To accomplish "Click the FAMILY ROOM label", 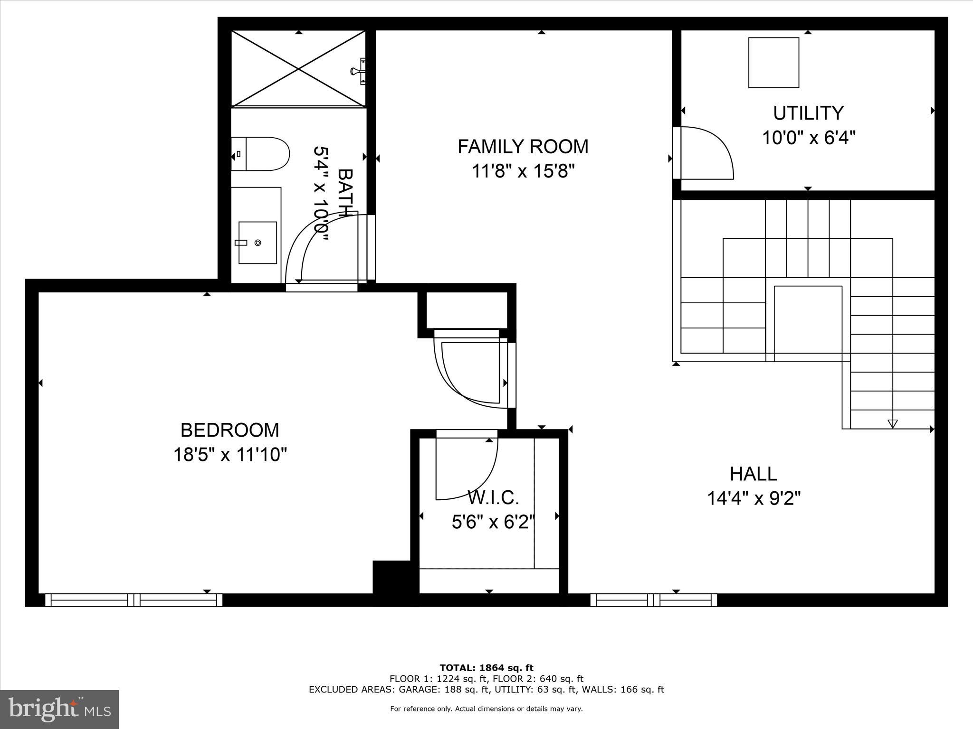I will tap(523, 147).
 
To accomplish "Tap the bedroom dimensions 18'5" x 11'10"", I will tap(230, 455).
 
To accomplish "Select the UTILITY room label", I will tap(808, 113).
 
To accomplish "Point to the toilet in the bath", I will tap(260, 154).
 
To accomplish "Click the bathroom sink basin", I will tap(258, 243).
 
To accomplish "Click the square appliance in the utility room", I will tap(773, 63).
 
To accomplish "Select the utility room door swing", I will tap(706, 153).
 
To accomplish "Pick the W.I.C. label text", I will tap(493, 498).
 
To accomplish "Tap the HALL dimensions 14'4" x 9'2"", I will tap(754, 499).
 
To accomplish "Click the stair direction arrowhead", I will tap(892, 423).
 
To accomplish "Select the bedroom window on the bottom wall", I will tap(134, 600).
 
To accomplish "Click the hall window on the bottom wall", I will tap(653, 600).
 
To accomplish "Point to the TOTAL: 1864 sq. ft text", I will tap(486, 668).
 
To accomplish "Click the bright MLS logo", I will tap(59, 709).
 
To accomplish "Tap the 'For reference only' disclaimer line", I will tap(486, 709).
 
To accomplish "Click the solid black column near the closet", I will tap(391, 577).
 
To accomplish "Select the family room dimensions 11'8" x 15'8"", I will tap(523, 171).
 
